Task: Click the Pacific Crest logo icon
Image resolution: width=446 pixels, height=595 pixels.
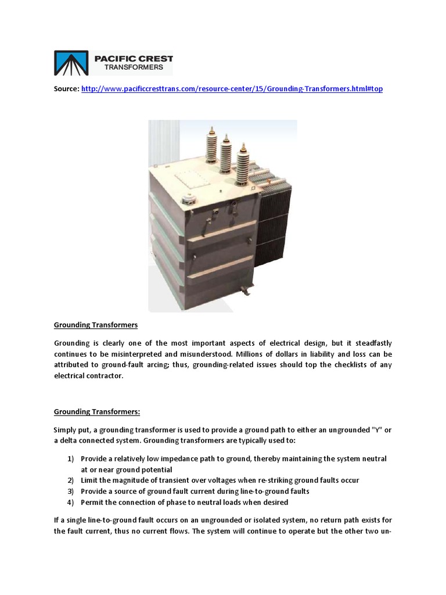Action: point(72,63)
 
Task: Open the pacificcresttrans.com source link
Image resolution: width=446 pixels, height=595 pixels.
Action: point(232,89)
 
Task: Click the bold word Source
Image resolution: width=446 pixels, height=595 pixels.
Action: point(66,89)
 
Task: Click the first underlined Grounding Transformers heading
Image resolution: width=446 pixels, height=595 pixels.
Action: point(96,325)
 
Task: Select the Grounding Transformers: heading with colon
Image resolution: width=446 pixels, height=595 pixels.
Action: point(97,412)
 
